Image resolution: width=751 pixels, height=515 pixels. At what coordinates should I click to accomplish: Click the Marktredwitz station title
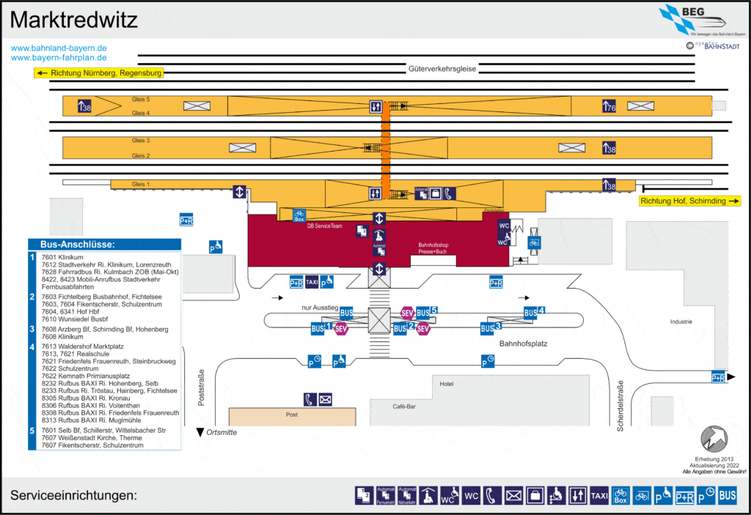point(74,21)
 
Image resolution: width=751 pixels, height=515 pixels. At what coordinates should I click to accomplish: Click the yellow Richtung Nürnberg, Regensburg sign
point(99,73)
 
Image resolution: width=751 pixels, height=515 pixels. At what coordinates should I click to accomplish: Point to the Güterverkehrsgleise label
point(442,69)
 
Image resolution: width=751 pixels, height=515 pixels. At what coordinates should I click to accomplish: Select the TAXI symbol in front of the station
point(312,282)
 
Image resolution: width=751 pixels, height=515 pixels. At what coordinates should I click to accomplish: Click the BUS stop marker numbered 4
point(534,312)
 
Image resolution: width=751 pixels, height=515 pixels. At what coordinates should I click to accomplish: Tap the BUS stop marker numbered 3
point(491,327)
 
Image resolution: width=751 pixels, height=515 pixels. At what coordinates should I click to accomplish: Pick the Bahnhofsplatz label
point(524,343)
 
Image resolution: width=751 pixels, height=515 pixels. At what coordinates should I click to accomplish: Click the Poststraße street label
point(202,388)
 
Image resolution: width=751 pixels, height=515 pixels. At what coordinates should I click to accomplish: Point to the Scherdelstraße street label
point(620,406)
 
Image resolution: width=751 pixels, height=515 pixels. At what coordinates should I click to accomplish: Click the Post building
point(292,415)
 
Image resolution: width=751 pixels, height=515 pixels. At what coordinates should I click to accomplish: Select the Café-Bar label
point(404,405)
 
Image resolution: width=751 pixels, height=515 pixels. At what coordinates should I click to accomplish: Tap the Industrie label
point(681,322)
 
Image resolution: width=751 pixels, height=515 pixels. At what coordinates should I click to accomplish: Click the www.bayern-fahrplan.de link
point(59,57)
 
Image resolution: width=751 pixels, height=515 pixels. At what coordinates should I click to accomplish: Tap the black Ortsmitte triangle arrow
point(199,432)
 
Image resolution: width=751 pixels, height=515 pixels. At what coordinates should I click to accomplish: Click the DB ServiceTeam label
point(324,226)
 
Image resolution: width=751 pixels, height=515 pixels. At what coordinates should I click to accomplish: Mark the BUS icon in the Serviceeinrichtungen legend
point(727,496)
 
